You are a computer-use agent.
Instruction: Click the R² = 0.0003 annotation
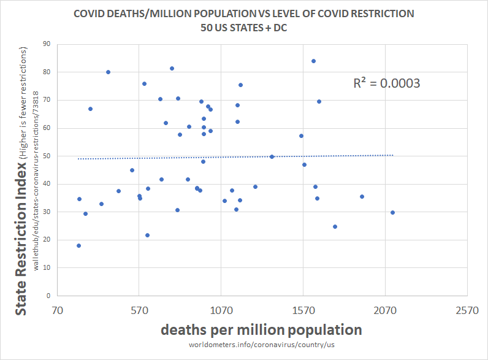click(386, 83)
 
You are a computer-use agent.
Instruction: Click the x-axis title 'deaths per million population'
click(261, 329)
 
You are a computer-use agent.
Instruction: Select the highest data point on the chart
click(313, 61)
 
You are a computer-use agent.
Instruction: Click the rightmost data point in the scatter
click(392, 213)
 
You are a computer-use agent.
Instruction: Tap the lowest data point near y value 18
click(78, 246)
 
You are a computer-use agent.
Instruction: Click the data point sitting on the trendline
click(272, 156)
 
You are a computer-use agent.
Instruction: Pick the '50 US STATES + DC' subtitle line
click(244, 27)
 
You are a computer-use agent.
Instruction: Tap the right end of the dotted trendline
click(392, 155)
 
